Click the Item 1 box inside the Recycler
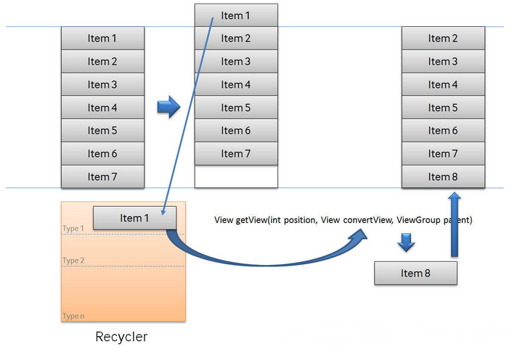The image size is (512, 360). [x=134, y=218]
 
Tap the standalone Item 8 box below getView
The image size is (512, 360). [x=415, y=273]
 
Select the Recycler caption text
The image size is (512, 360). [x=121, y=337]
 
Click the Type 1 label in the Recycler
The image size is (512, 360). [x=73, y=228]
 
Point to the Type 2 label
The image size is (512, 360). [x=73, y=260]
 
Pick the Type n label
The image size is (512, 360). [x=73, y=316]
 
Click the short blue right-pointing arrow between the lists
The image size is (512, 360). [x=168, y=107]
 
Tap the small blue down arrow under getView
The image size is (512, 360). [x=406, y=242]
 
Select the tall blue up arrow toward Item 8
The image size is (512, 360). [x=454, y=224]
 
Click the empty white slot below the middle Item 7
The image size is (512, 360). [x=236, y=176]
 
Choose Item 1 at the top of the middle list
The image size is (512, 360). [x=236, y=15]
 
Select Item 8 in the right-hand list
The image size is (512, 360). [x=443, y=176]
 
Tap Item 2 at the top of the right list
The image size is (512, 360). [x=443, y=38]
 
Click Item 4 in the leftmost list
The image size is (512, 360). [x=102, y=107]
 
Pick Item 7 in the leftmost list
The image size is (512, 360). [x=102, y=176]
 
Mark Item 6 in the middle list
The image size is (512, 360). [x=236, y=130]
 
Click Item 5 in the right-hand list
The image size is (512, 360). [x=443, y=107]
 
